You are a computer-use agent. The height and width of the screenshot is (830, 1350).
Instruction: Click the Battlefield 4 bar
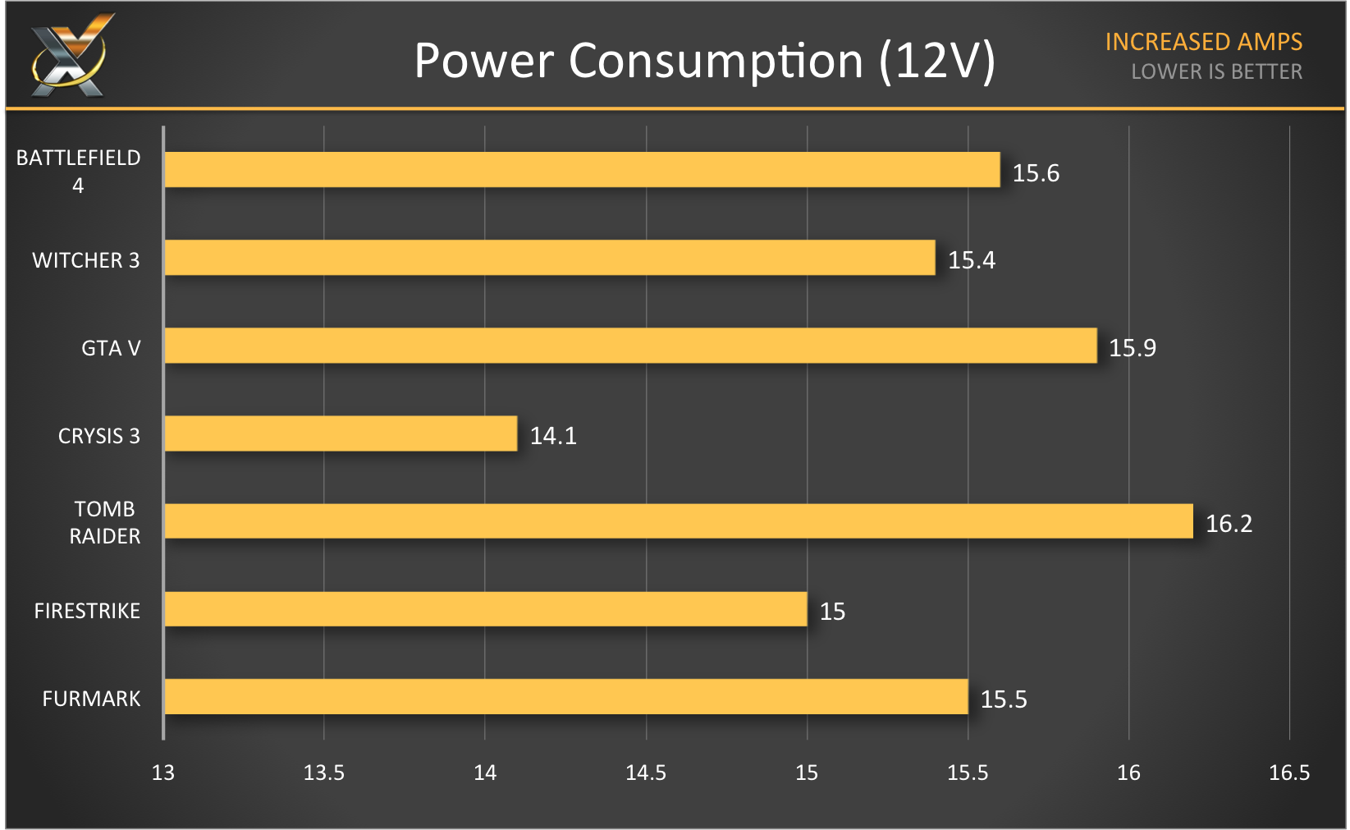(582, 169)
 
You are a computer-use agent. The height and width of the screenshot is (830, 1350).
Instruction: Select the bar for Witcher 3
(550, 258)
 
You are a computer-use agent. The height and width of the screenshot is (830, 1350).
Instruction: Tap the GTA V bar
(630, 346)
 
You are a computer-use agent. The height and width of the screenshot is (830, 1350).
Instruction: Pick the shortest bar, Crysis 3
(341, 433)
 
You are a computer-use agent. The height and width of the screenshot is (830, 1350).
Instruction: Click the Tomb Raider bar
(678, 521)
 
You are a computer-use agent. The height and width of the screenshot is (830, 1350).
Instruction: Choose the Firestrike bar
(486, 609)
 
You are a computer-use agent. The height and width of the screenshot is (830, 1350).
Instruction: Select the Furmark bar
(566, 697)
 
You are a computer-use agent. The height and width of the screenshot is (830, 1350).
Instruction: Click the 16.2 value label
(1229, 524)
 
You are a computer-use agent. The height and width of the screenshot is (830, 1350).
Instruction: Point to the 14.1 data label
(553, 436)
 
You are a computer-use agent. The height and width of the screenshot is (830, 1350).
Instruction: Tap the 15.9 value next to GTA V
(1132, 348)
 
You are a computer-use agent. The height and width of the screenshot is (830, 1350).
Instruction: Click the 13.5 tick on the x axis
(324, 773)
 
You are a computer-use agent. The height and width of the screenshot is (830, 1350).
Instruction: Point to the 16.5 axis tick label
(1289, 773)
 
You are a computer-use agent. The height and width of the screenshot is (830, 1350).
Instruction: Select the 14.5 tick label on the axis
(646, 773)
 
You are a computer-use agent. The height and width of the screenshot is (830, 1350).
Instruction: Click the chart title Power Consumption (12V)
(704, 61)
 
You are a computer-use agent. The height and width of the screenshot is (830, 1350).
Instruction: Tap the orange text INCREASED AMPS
(1203, 42)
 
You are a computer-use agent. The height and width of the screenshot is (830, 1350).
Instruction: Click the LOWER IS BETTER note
(1216, 72)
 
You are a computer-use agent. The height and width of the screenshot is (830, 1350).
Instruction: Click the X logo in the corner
(70, 56)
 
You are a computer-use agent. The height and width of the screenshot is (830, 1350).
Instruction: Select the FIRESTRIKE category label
(87, 611)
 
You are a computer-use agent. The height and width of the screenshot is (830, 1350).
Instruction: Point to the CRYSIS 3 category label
(98, 436)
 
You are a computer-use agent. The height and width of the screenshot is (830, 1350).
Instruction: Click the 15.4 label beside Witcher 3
(971, 260)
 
